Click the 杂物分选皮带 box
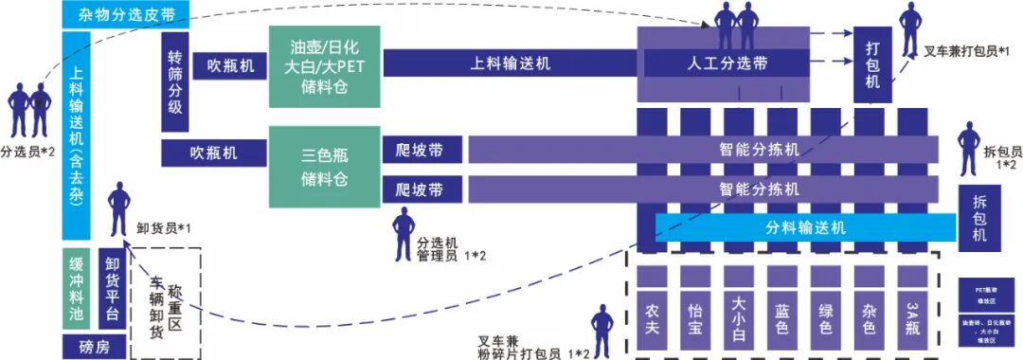125,15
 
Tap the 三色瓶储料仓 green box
325,166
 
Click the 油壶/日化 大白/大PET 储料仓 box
325,64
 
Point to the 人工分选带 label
727,64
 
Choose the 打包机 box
872,64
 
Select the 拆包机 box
979,217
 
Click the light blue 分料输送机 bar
804,227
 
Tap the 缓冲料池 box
77,289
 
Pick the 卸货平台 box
113,289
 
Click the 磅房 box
94,348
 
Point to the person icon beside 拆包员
967,150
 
